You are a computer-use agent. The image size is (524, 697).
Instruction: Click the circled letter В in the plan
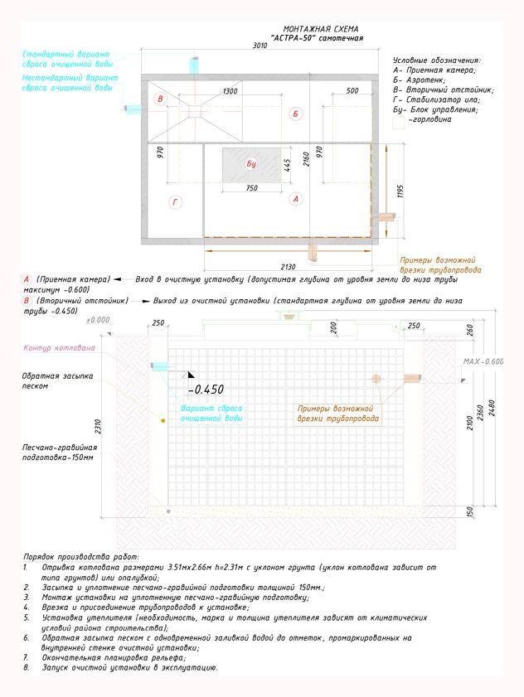(162, 100)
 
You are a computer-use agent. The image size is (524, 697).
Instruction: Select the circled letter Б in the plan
(295, 114)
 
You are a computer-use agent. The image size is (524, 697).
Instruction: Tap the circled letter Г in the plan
(176, 202)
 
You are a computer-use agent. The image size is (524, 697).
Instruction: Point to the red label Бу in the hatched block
(251, 164)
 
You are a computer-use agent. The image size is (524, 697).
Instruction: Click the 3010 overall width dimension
(259, 47)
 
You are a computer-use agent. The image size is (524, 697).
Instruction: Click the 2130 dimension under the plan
(289, 266)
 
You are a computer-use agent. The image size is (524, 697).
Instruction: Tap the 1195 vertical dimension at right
(400, 192)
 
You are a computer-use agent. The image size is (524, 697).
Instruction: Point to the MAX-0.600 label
(483, 362)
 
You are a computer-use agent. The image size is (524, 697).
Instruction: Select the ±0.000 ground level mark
(98, 319)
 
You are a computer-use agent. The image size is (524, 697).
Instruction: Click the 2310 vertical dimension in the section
(98, 428)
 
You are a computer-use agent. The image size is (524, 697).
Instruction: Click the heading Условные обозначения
(436, 61)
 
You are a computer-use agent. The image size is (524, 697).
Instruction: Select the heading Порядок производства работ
(81, 557)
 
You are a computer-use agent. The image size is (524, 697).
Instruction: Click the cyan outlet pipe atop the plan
(196, 65)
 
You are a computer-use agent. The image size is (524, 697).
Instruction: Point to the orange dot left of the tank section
(163, 421)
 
